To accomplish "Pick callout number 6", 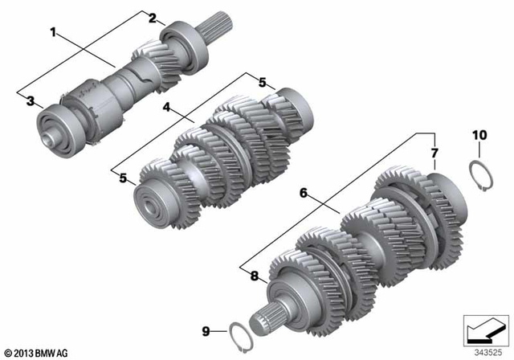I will pyautogui.click(x=304, y=193).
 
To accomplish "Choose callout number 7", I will pyautogui.click(x=434, y=152).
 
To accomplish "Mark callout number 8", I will pyautogui.click(x=255, y=276).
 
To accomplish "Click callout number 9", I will pyautogui.click(x=205, y=330).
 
